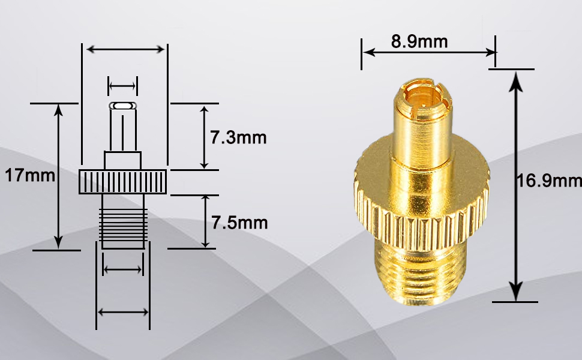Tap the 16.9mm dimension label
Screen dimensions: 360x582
click(549, 181)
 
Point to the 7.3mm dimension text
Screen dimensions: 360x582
click(238, 137)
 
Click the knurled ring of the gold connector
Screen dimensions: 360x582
click(420, 198)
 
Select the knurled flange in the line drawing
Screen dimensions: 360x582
click(123, 182)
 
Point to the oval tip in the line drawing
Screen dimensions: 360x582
click(123, 106)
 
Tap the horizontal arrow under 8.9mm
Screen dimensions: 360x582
click(428, 53)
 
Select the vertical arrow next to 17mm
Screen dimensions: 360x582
click(59, 176)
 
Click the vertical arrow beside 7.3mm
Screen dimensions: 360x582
click(205, 137)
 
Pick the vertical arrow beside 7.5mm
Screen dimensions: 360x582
click(206, 221)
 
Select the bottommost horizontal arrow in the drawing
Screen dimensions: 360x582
click(123, 312)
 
